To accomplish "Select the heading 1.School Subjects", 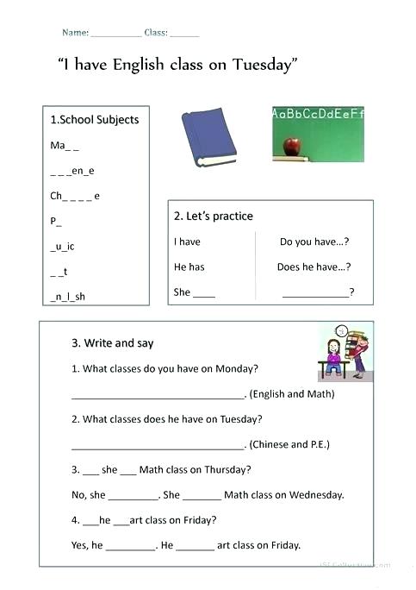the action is pos(95,120).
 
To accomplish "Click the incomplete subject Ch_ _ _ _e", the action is pos(75,196).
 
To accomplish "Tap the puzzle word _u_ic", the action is pos(63,247).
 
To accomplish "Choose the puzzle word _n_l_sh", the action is pos(68,297).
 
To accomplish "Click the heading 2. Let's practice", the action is pos(214,216).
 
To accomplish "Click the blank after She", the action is pos(204,294).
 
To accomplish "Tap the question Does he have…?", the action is pos(314,267).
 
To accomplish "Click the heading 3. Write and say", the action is pos(113,343).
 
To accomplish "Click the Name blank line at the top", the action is pos(115,35).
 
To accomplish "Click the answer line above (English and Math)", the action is pos(158,397).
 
